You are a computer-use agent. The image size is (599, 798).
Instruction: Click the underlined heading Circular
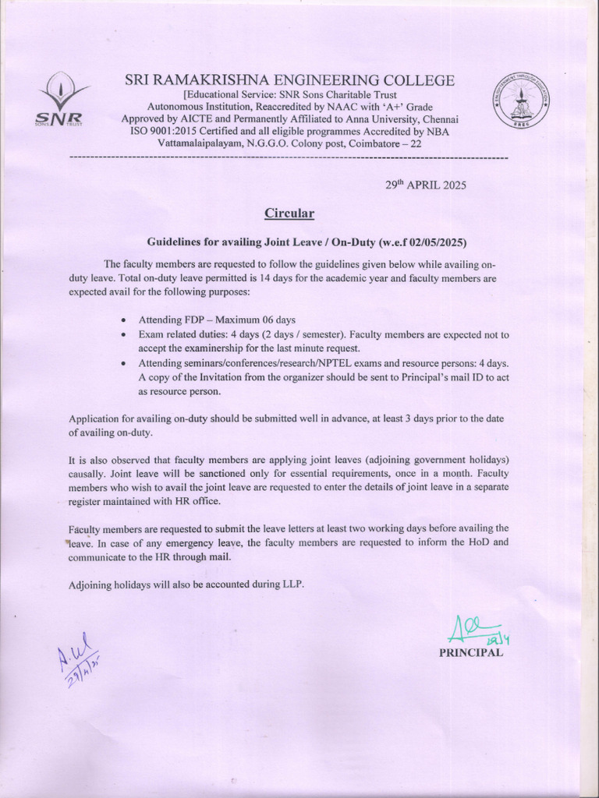pyautogui.click(x=289, y=213)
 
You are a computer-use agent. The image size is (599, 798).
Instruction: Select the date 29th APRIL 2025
pyautogui.click(x=426, y=185)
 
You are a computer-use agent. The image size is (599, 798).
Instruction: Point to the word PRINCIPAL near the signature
pyautogui.click(x=470, y=653)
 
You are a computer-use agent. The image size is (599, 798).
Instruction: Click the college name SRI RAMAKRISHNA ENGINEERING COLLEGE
pyautogui.click(x=289, y=80)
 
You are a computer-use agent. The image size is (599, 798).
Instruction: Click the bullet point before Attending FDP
pyautogui.click(x=126, y=320)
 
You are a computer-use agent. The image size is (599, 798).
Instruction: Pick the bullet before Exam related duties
pyautogui.click(x=126, y=334)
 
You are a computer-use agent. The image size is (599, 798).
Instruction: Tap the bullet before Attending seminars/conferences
pyautogui.click(x=126, y=364)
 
